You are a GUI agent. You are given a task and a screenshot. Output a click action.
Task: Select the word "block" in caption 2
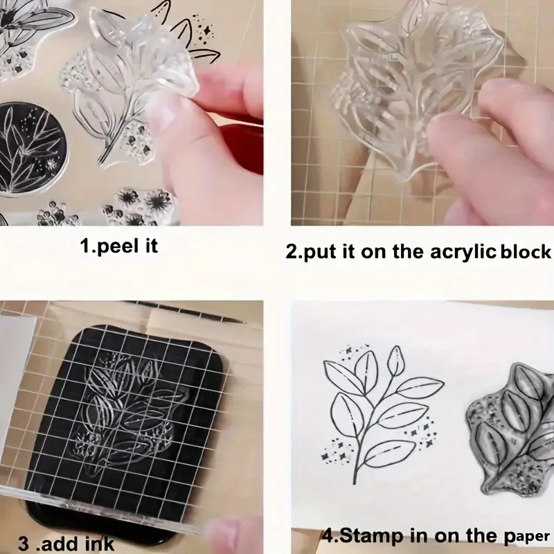526,251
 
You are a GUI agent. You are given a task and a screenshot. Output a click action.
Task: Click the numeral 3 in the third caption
24,544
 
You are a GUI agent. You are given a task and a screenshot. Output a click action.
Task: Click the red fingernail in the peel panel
240,140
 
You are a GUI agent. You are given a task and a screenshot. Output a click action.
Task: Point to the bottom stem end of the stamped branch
355,482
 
